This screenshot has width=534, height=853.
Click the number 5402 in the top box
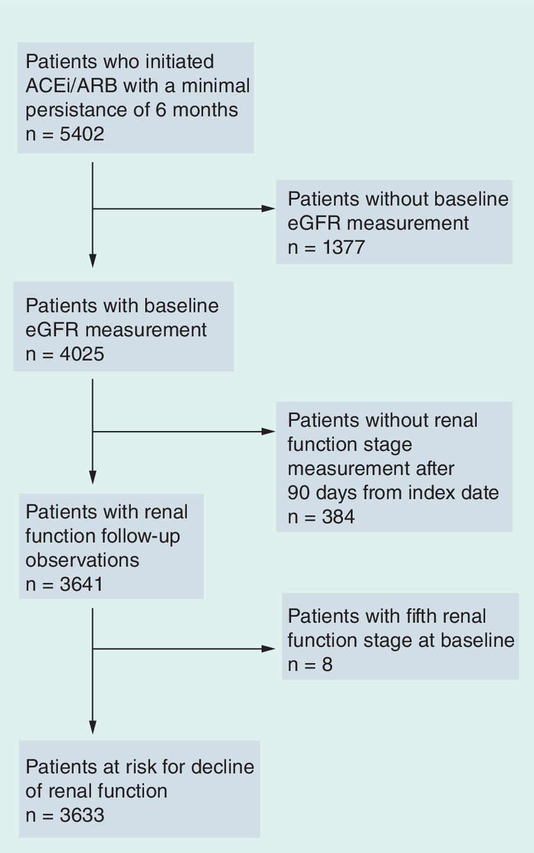[x=82, y=134]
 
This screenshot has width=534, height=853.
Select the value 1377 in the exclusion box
[x=344, y=247]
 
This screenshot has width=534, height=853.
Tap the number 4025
[x=82, y=354]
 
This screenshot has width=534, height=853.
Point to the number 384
[x=338, y=516]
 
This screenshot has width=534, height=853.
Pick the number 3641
[x=82, y=584]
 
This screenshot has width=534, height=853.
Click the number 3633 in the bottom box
[x=82, y=815]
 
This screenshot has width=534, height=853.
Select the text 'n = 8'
[x=310, y=664]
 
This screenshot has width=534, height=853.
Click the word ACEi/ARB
[x=71, y=86]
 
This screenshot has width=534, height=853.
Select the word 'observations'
[x=82, y=560]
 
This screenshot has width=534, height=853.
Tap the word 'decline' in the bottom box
[x=223, y=767]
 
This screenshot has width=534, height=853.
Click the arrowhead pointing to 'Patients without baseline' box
[x=268, y=209]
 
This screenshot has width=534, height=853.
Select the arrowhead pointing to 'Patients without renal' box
[x=268, y=432]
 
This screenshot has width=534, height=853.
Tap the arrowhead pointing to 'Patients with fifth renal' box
[x=268, y=649]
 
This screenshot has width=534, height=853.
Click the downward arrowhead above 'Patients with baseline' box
[x=92, y=260]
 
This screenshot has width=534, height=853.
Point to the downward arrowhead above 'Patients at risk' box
[x=92, y=727]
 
